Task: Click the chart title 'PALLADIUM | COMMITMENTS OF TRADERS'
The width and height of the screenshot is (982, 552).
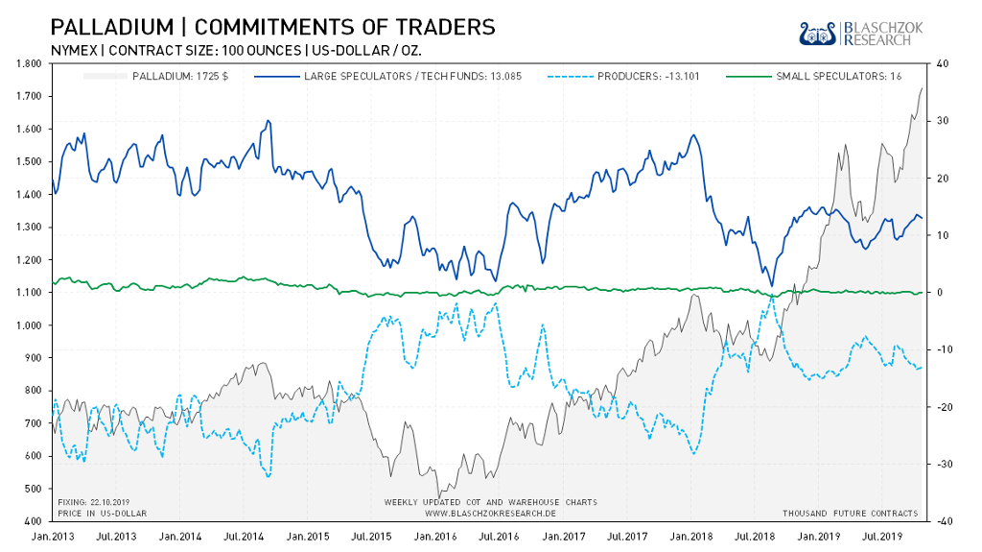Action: click(x=272, y=26)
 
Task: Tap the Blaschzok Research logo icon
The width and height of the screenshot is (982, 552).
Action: click(x=817, y=33)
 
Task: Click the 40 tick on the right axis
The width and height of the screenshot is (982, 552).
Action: click(x=942, y=63)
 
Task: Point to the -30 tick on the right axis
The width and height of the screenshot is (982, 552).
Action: click(x=944, y=464)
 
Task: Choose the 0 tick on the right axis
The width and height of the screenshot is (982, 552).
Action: click(x=940, y=292)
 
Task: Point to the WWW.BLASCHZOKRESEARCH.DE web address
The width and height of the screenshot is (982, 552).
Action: click(x=490, y=514)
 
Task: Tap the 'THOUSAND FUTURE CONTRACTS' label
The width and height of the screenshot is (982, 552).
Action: click(x=850, y=514)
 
